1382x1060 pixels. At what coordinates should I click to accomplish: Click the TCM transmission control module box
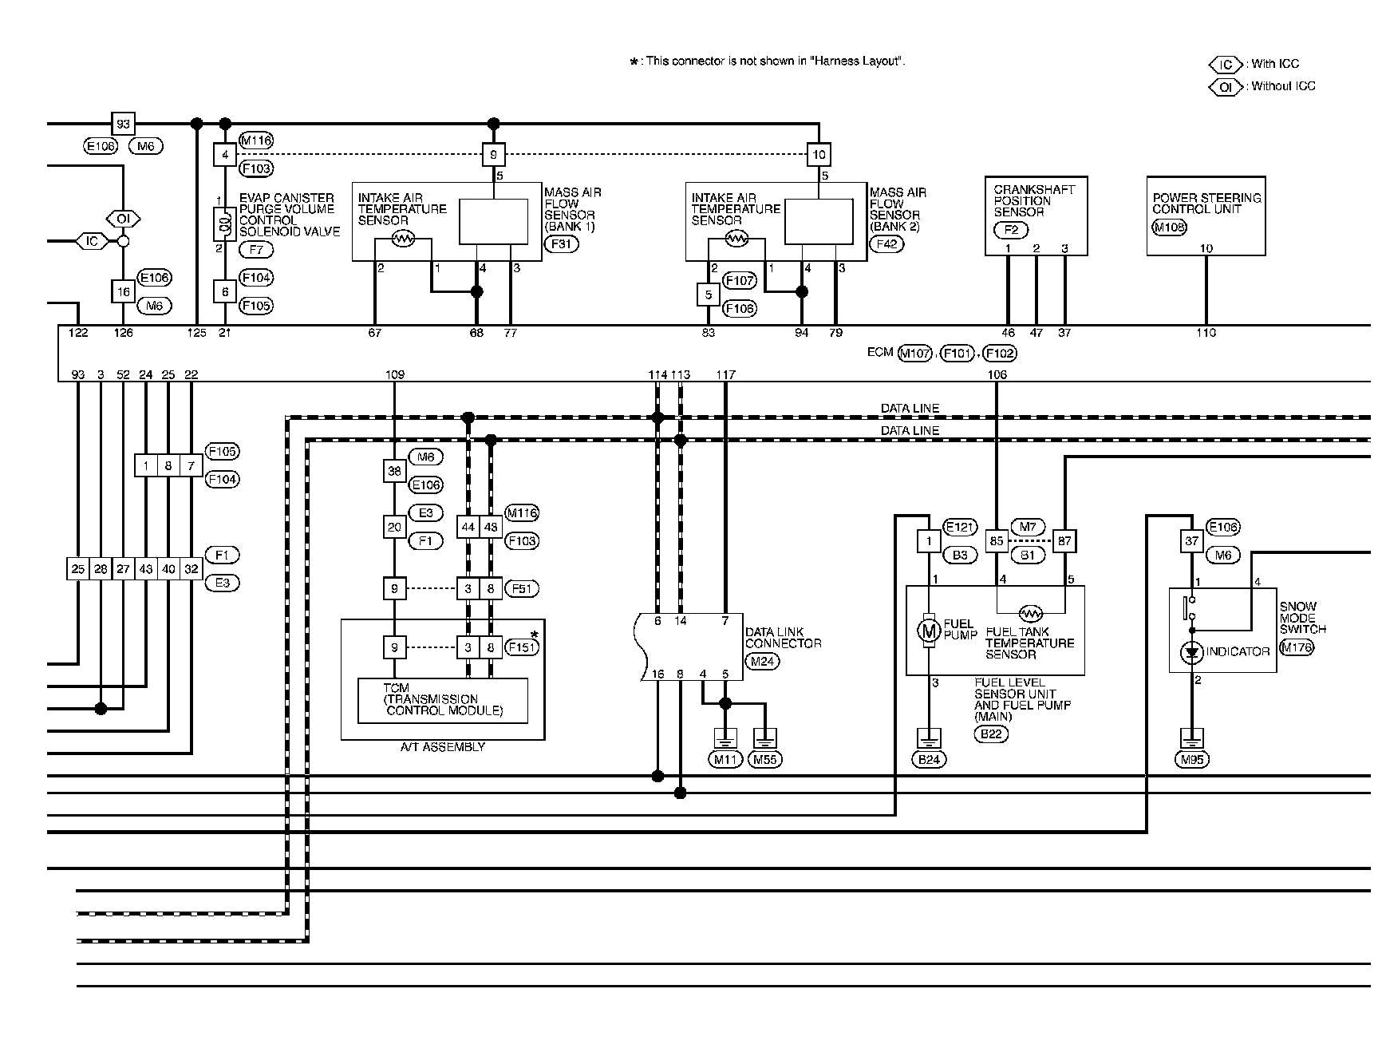tap(443, 700)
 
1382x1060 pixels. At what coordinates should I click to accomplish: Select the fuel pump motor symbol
tap(929, 631)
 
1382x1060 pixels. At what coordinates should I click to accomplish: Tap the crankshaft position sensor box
tap(1036, 216)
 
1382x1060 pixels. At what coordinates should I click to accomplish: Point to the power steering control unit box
tap(1206, 216)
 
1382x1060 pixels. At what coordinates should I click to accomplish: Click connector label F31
tap(561, 244)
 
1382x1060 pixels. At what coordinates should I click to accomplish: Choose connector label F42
tap(886, 244)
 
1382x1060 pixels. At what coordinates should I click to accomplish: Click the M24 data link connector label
tap(761, 661)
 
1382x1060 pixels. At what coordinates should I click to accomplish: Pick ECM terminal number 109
tap(395, 374)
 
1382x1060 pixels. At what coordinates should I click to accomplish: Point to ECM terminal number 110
tap(1206, 333)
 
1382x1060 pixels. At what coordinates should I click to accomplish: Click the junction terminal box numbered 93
tap(123, 124)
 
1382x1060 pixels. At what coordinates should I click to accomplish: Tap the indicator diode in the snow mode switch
tap(1192, 653)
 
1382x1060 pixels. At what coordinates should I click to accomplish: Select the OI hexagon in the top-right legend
tap(1226, 86)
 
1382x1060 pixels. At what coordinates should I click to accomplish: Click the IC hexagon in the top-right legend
tap(1226, 64)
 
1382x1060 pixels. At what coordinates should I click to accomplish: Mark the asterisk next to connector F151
tap(535, 635)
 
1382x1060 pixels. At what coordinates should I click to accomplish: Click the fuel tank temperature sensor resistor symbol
tap(1031, 614)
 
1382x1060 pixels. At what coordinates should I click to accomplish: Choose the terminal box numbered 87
tap(1064, 541)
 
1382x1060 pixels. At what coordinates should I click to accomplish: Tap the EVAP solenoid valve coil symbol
tap(225, 224)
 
